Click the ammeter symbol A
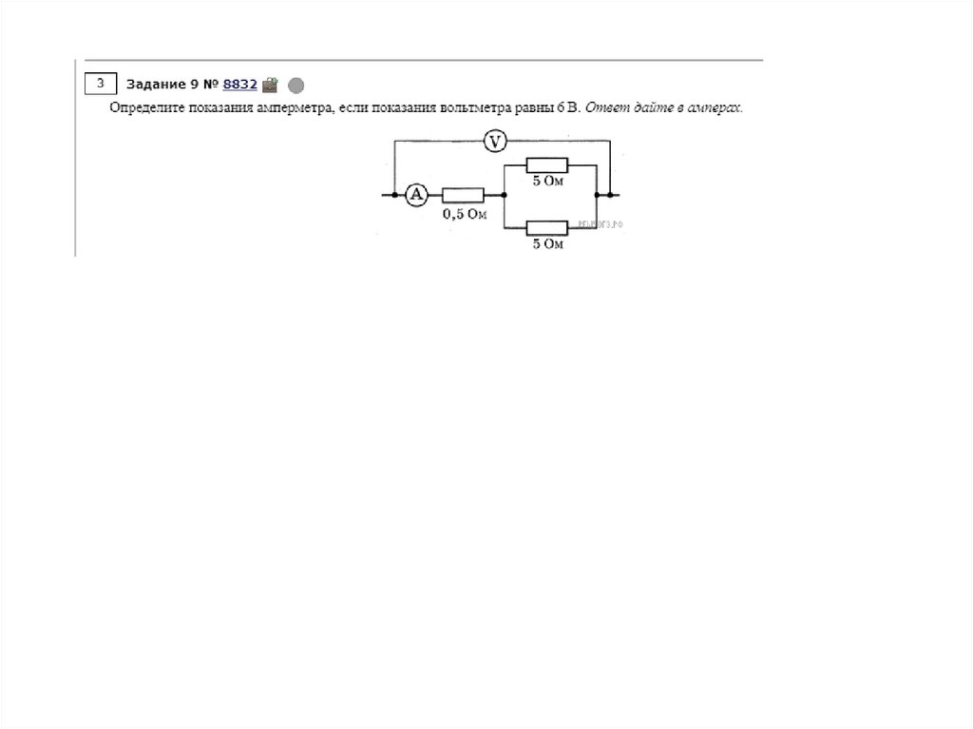[416, 195]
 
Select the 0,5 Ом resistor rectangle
[463, 195]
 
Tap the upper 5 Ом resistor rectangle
[546, 164]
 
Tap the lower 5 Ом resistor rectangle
[546, 227]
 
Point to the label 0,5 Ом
[464, 215]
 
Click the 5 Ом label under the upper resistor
[548, 181]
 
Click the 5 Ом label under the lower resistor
[548, 244]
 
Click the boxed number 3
[100, 83]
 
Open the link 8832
[240, 84]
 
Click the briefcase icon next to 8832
[270, 84]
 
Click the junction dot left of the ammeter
[393, 195]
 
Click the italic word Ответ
[604, 108]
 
